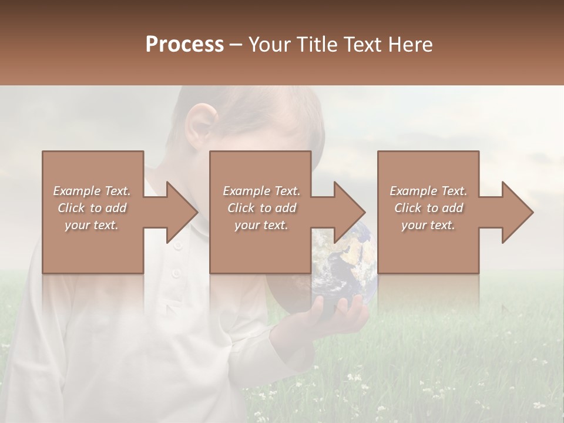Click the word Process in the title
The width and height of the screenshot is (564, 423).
click(184, 45)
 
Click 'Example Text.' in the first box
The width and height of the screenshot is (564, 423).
click(92, 191)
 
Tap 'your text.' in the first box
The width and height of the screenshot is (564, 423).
click(92, 225)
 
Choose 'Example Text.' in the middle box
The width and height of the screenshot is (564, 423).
click(261, 191)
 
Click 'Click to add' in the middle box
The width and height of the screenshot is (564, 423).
click(261, 208)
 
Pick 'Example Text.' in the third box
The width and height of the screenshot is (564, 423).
click(428, 191)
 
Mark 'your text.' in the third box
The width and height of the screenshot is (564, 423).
click(428, 225)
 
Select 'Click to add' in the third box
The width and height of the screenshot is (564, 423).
click(428, 208)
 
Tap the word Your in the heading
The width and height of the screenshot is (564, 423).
click(268, 45)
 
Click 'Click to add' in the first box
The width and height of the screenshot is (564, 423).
click(92, 208)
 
